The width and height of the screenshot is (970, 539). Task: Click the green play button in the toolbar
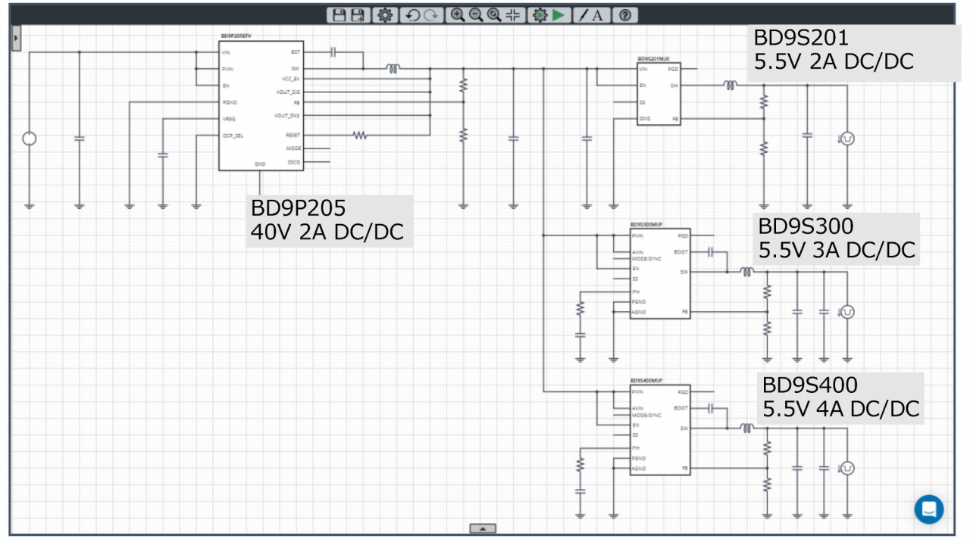(x=559, y=15)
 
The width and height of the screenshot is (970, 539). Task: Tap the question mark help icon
(x=624, y=15)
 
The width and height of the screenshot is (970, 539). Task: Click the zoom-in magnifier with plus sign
(x=458, y=15)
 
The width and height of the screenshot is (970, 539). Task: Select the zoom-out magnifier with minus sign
(x=476, y=15)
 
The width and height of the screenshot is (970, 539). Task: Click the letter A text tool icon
(x=598, y=15)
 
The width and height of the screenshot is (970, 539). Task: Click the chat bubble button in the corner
(x=928, y=509)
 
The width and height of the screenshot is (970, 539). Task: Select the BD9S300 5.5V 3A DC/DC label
(x=837, y=238)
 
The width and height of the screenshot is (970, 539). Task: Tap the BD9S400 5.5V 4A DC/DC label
(x=841, y=397)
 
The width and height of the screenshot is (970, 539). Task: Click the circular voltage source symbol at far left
(x=30, y=139)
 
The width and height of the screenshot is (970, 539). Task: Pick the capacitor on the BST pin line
(x=333, y=52)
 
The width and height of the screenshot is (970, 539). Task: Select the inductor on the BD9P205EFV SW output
(x=393, y=69)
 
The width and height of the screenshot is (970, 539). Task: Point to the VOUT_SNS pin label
(x=287, y=116)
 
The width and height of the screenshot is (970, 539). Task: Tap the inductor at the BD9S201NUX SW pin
(x=729, y=86)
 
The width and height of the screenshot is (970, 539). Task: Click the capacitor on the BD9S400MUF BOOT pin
(x=710, y=408)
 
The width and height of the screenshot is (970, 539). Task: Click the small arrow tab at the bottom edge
(x=483, y=528)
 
